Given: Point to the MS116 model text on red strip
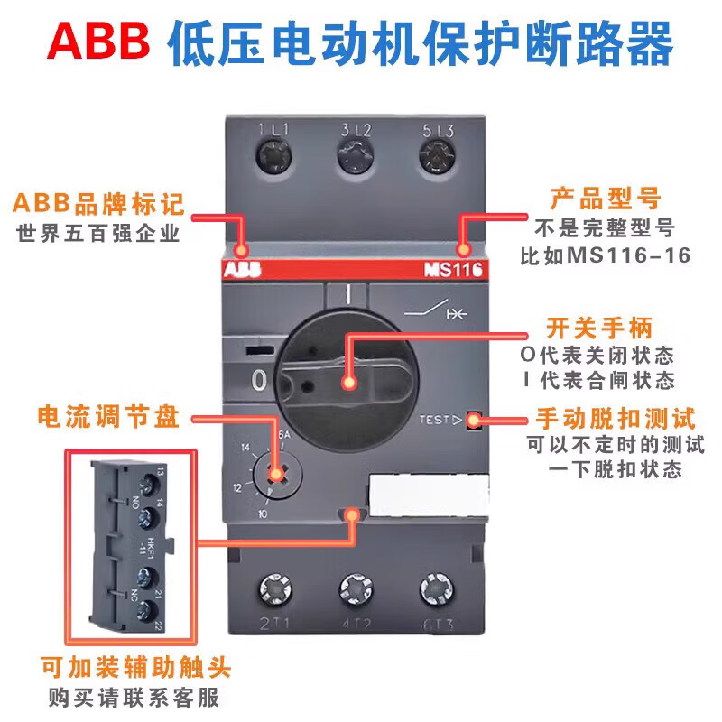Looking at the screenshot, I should pyautogui.click(x=453, y=269).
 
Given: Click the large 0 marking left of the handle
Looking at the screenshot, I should pyautogui.click(x=259, y=381).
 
